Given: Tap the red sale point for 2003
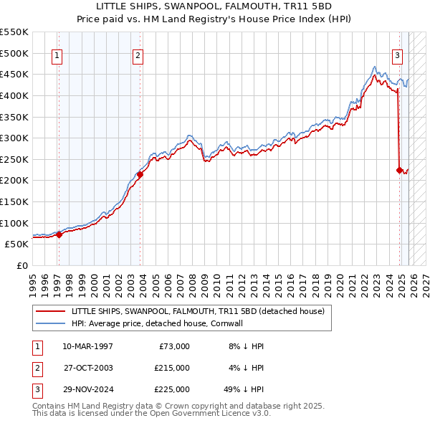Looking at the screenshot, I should [x=140, y=174].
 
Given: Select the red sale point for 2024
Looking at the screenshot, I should [x=399, y=170].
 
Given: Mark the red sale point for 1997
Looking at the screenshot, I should [x=59, y=234].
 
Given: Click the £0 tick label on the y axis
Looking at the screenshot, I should [x=21, y=265].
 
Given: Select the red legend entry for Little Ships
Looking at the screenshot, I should [x=198, y=311].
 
